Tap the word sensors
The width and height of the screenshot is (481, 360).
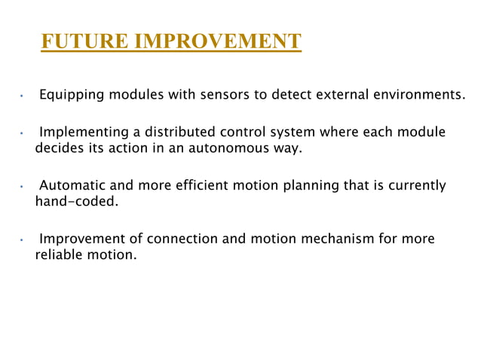coord(207,96)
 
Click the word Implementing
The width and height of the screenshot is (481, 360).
coord(82,133)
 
